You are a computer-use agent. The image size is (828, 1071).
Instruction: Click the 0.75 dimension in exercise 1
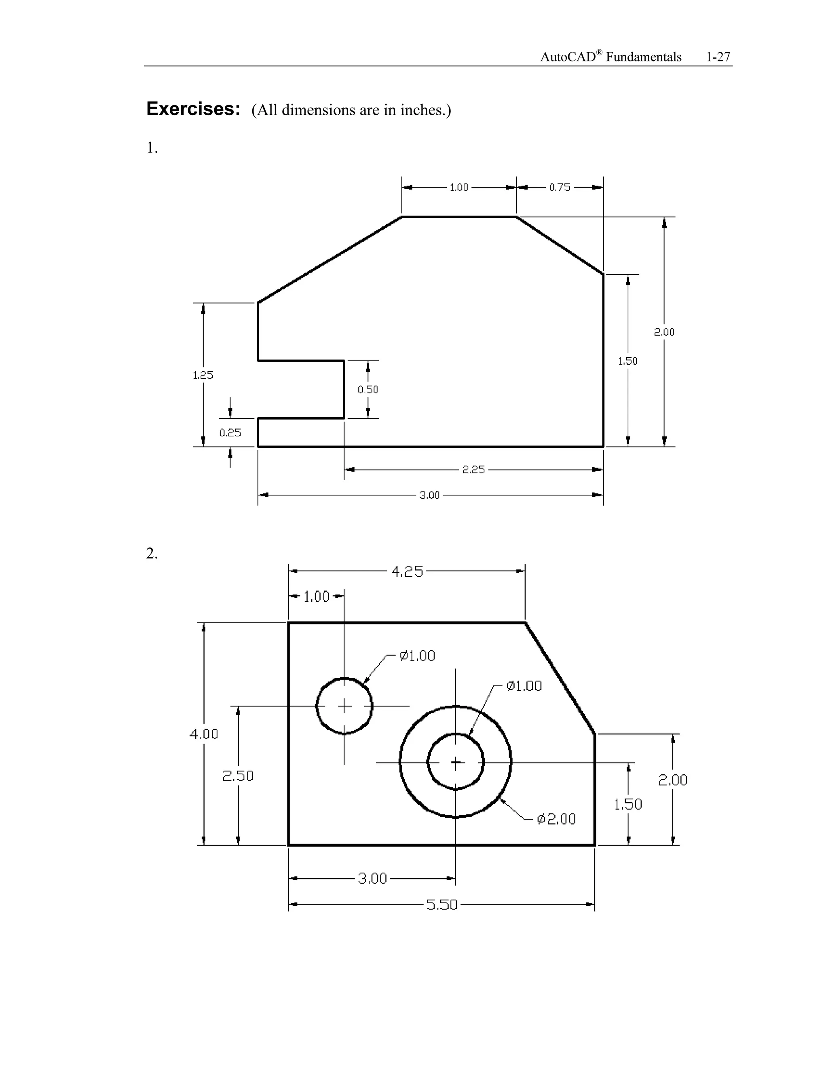pos(559,188)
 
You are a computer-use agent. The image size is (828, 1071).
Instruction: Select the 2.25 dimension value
pos(473,470)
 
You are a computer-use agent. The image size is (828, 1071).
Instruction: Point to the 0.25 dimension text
pos(230,432)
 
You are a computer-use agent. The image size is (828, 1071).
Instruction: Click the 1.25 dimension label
pos(203,375)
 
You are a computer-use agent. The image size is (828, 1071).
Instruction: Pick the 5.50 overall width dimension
pos(441,905)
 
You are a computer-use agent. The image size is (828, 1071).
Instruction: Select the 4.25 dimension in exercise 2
pos(407,571)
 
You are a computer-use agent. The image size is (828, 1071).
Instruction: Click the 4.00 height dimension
pos(204,734)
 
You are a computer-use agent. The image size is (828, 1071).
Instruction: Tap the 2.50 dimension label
pos(238,776)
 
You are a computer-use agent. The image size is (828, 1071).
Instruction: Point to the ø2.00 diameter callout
pos(556,819)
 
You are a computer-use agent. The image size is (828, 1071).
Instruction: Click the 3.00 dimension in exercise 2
pos(372,878)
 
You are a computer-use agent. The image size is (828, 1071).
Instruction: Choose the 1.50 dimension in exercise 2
pos(628,804)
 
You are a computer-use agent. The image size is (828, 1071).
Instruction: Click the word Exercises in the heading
pos(193,109)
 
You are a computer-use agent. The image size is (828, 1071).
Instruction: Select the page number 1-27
pos(718,57)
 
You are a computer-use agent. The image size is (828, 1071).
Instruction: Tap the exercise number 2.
pos(152,554)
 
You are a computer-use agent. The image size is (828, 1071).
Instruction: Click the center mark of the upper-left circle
pos(344,706)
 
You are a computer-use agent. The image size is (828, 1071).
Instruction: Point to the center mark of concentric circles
pos(456,763)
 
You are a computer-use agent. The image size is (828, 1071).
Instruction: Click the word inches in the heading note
pos(421,110)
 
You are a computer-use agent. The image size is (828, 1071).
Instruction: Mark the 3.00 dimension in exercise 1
pos(429,495)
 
